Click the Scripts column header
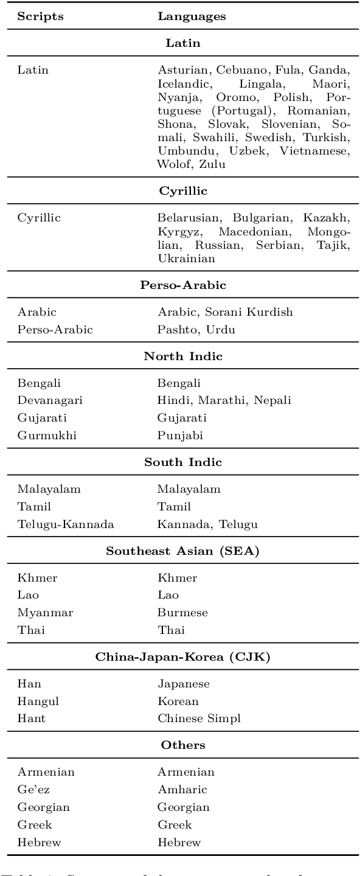[40, 16]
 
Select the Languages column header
[192, 16]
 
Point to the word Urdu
[222, 330]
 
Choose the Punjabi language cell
[180, 436]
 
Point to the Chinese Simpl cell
[199, 718]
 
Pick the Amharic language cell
[182, 790]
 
